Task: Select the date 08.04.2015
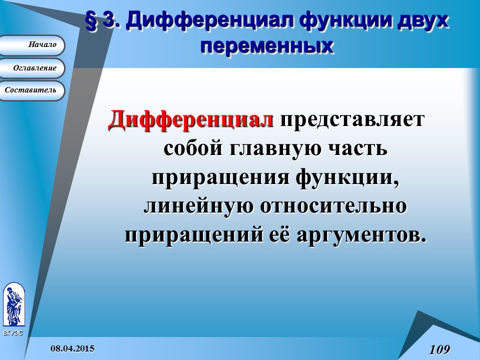[x=72, y=348]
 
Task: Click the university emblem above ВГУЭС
[x=13, y=304]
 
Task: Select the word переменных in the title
[x=266, y=45]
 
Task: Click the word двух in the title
[x=422, y=21]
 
